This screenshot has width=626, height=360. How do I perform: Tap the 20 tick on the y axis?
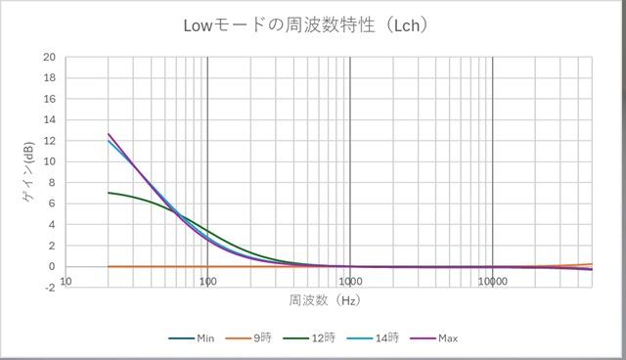point(49,57)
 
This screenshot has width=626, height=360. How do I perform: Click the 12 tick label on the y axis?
point(49,141)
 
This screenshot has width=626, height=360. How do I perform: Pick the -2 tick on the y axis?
point(49,288)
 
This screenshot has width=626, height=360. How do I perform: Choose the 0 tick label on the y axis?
point(52,266)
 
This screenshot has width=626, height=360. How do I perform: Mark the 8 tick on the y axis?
point(52,183)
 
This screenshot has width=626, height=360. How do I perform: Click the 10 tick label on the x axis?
point(66,281)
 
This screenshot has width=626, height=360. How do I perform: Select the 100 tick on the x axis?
point(207,281)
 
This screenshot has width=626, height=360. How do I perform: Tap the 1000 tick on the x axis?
point(350,281)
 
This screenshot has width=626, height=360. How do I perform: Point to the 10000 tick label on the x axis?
point(492,281)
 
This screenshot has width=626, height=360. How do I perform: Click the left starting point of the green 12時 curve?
point(109,193)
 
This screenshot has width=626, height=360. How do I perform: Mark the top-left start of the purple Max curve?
point(109,134)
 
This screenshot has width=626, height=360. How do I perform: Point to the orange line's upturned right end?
point(591,264)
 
